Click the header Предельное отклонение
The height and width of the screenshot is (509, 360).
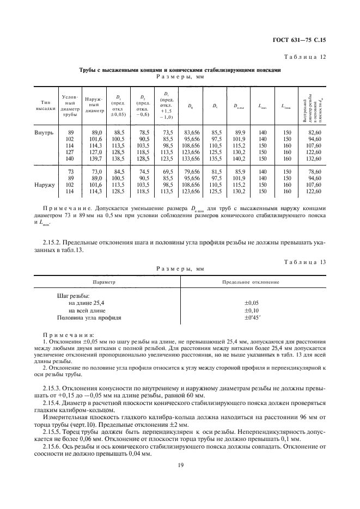click(x=251, y=282)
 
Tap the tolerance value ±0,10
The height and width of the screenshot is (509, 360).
click(x=251, y=310)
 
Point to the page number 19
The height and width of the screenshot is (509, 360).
click(x=180, y=464)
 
